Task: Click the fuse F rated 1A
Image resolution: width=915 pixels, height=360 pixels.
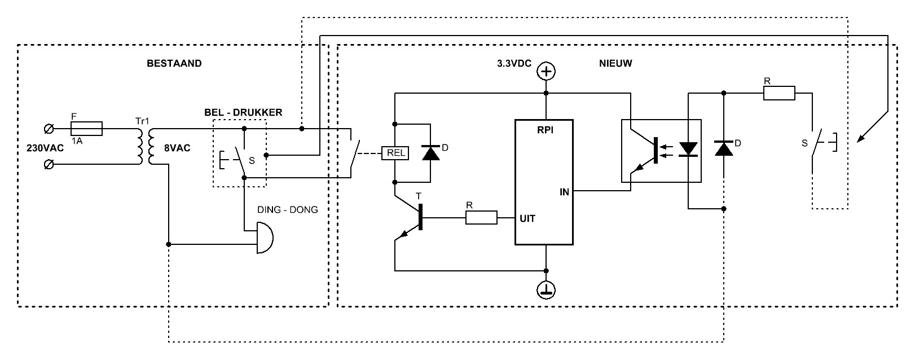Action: click(87, 129)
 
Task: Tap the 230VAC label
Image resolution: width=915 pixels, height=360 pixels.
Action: click(45, 148)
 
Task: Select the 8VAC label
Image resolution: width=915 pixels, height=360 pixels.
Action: click(177, 148)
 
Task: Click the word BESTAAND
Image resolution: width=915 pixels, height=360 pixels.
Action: click(174, 63)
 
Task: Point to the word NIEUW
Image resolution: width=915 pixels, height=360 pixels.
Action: click(615, 63)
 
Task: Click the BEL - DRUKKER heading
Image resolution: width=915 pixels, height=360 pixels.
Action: click(244, 112)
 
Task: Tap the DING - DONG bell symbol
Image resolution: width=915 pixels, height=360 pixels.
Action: click(265, 238)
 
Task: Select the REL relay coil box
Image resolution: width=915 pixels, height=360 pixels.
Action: click(395, 153)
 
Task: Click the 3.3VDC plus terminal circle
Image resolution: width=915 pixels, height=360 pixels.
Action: click(546, 72)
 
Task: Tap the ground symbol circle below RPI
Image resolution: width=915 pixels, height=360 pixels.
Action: click(546, 290)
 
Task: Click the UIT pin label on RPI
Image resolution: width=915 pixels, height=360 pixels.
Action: click(527, 218)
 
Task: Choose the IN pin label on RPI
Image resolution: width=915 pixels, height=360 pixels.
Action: click(564, 192)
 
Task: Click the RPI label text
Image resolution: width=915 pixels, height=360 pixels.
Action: click(546, 130)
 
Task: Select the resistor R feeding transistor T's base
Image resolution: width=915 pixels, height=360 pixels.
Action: click(482, 217)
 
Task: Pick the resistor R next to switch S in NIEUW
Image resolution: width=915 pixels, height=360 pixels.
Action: click(780, 93)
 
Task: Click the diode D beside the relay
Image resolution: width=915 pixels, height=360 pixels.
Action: click(430, 153)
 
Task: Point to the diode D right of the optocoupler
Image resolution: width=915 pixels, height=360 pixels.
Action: click(723, 148)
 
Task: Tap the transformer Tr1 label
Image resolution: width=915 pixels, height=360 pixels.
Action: click(143, 121)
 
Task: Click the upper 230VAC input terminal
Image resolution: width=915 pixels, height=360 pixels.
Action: click(49, 129)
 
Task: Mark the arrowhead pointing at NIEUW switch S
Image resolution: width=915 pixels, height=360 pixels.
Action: click(860, 139)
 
